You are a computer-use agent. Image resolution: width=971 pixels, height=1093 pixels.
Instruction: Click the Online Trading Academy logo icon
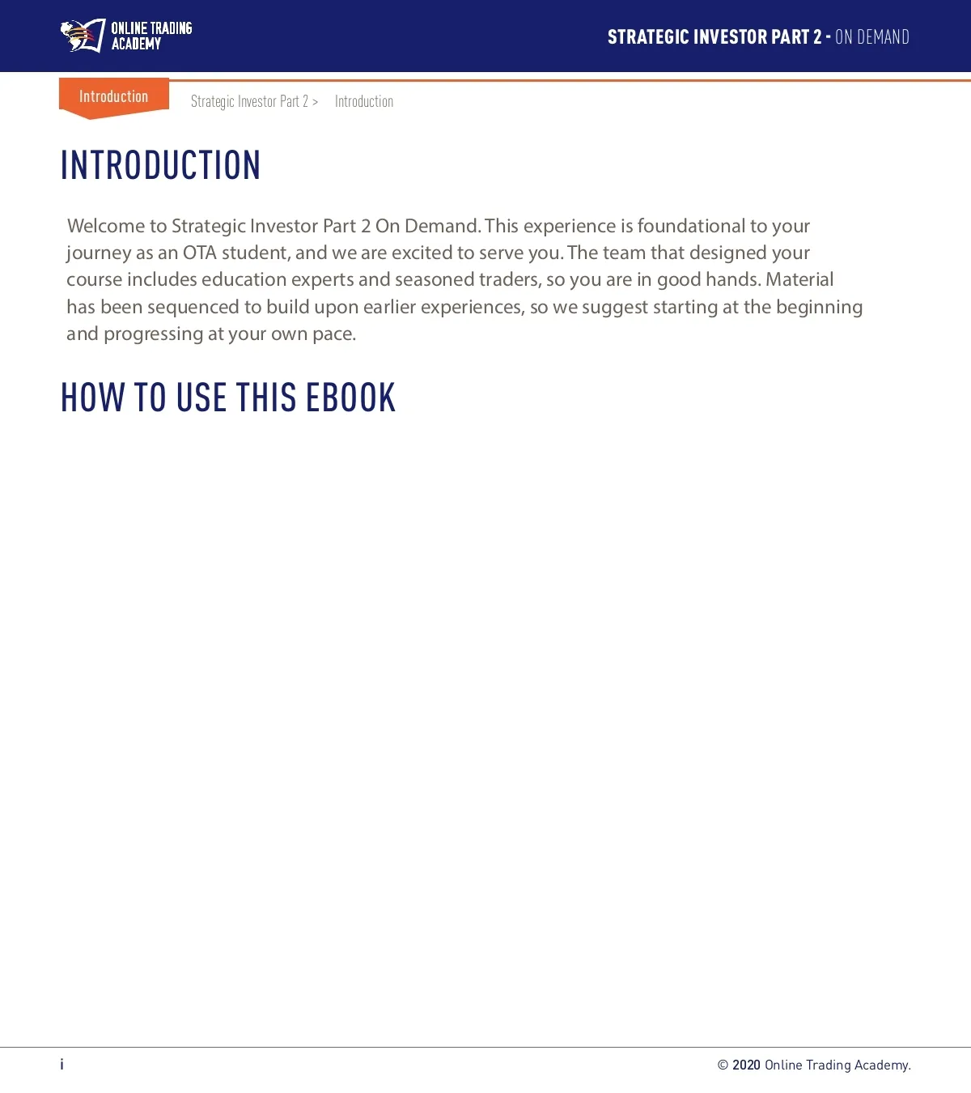click(x=83, y=36)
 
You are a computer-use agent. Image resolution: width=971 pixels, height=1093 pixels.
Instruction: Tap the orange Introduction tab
click(x=113, y=97)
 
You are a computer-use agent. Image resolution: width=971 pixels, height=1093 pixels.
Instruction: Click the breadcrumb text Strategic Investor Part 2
click(x=249, y=101)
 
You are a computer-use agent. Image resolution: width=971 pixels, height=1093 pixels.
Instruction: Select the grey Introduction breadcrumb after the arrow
click(x=364, y=101)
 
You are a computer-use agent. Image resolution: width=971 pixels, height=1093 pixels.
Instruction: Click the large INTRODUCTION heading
click(x=160, y=165)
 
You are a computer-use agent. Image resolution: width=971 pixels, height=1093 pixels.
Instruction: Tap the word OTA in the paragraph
click(x=199, y=253)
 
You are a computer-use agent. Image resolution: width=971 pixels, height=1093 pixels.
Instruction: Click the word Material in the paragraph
click(x=799, y=279)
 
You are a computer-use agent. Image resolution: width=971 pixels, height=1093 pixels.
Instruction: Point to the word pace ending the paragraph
click(x=333, y=334)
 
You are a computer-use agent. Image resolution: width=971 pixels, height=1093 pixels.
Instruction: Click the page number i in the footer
click(x=61, y=1064)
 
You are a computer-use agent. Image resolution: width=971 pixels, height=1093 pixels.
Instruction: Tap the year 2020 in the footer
click(x=746, y=1065)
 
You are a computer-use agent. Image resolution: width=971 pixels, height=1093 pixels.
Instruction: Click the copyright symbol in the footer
click(x=723, y=1065)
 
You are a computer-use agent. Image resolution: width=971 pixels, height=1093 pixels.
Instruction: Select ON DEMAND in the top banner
click(x=872, y=37)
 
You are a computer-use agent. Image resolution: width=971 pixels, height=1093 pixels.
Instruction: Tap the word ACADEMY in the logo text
click(x=136, y=45)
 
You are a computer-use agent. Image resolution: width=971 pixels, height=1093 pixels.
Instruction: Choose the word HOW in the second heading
click(x=92, y=398)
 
